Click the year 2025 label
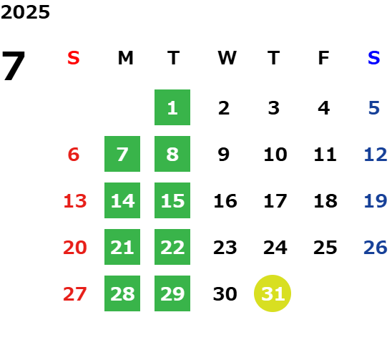tap(25, 12)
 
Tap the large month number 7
tap(14, 66)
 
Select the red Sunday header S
tap(74, 58)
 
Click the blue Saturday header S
tap(373, 58)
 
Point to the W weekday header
tap(227, 58)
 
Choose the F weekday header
tap(323, 58)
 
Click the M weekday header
tap(125, 58)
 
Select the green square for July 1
tap(172, 107)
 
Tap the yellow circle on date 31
tap(273, 293)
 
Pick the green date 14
tap(122, 200)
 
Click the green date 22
tap(172, 247)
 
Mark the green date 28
tap(122, 293)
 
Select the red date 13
tap(75, 200)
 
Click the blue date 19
tap(376, 200)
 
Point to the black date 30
tap(225, 293)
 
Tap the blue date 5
tap(374, 108)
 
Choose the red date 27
tap(75, 293)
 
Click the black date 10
tap(275, 154)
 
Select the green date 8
tap(172, 154)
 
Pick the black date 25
tap(325, 248)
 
